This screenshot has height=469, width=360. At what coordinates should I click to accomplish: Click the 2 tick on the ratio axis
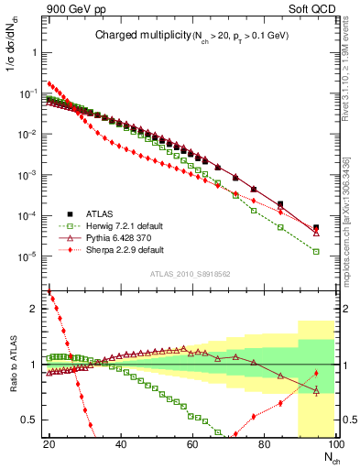[x=37, y=309]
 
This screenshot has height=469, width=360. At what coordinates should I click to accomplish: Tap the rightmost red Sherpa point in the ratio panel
[x=316, y=372]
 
